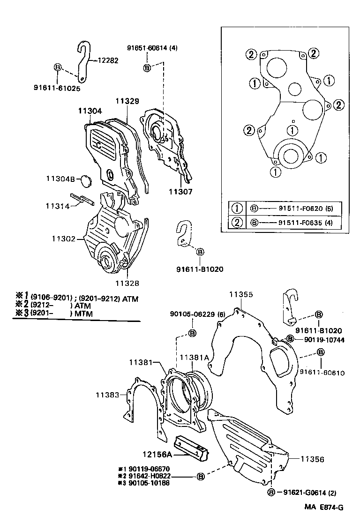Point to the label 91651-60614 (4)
tap(152, 48)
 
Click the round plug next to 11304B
tap(85, 180)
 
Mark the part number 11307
tap(180, 192)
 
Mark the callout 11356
tap(312, 460)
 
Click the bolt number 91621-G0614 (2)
tap(310, 492)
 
